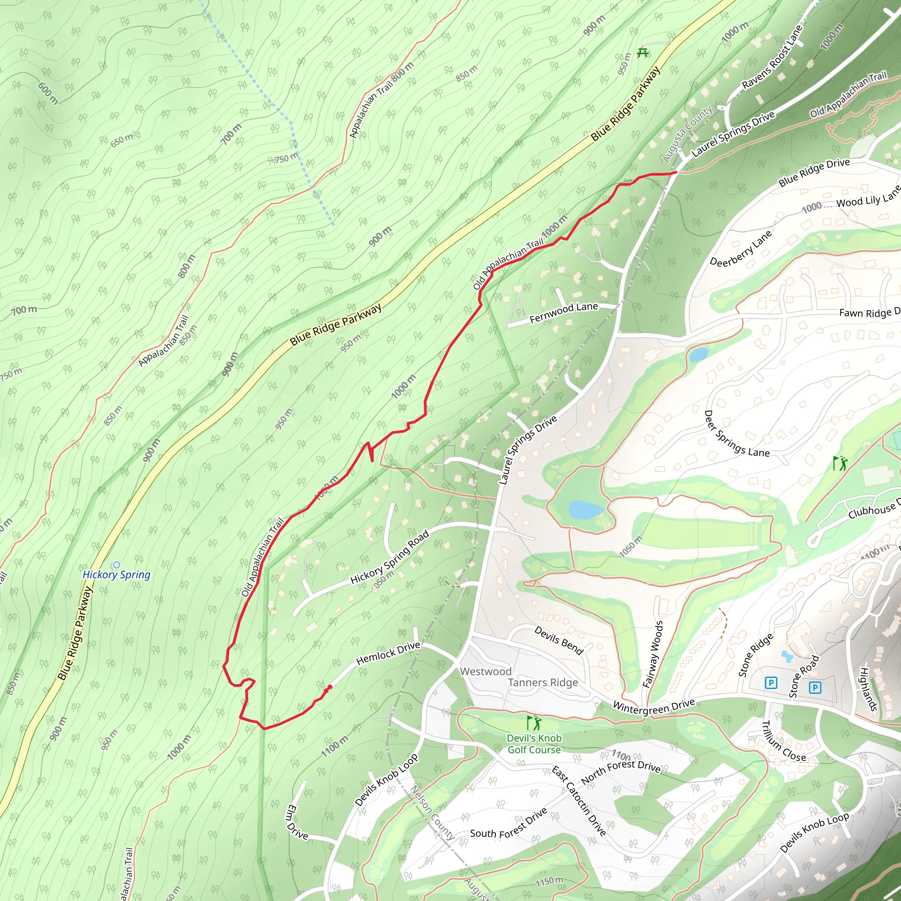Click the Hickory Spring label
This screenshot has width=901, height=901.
(x=116, y=575)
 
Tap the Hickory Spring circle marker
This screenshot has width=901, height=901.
(x=116, y=565)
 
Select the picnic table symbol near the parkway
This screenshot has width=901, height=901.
(x=643, y=53)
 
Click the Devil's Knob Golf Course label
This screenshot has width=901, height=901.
(x=535, y=744)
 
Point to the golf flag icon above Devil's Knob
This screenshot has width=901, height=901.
(x=534, y=723)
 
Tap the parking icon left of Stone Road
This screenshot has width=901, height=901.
(x=771, y=683)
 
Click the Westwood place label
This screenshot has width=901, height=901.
(x=486, y=671)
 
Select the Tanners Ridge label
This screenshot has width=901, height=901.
(x=543, y=683)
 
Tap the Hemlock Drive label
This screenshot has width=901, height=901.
(x=388, y=653)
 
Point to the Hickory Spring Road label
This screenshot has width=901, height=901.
(x=390, y=558)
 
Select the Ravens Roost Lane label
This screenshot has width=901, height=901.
(x=772, y=57)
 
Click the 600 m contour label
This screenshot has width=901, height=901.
(x=48, y=93)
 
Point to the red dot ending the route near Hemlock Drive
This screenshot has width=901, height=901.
(x=330, y=687)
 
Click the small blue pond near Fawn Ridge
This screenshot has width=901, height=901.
(x=698, y=355)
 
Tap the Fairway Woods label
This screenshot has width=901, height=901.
(x=652, y=654)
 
